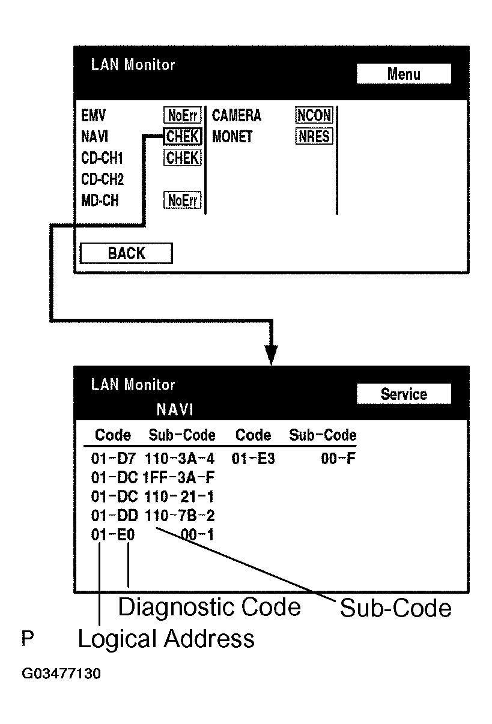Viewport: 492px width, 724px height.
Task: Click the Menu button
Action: pyautogui.click(x=404, y=74)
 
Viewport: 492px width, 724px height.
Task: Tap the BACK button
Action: pyautogui.click(x=126, y=253)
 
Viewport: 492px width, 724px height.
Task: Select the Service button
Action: pyautogui.click(x=404, y=394)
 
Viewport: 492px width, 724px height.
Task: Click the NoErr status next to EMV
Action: pyautogui.click(x=183, y=115)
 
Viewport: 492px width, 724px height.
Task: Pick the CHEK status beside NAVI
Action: pyautogui.click(x=183, y=136)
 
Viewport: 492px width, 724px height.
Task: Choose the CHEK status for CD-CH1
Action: pyautogui.click(x=183, y=157)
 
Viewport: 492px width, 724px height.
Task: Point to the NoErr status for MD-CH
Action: pyautogui.click(x=183, y=200)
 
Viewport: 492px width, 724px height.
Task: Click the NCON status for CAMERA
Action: pyautogui.click(x=314, y=115)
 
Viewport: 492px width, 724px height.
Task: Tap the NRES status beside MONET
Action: pyautogui.click(x=314, y=136)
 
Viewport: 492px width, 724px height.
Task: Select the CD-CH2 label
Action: pyautogui.click(x=102, y=179)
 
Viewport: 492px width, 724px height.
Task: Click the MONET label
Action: pyautogui.click(x=232, y=136)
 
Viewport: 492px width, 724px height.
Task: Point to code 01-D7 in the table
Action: pyautogui.click(x=113, y=458)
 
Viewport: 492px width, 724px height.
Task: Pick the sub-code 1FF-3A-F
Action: pyautogui.click(x=178, y=477)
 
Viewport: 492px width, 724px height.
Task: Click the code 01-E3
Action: pyautogui.click(x=254, y=458)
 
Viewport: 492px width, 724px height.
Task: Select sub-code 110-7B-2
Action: pyautogui.click(x=180, y=515)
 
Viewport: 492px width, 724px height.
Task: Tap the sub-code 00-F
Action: pyautogui.click(x=338, y=458)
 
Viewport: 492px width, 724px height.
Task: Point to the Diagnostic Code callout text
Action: pyautogui.click(x=210, y=608)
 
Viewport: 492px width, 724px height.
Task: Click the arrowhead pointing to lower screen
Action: pyautogui.click(x=271, y=355)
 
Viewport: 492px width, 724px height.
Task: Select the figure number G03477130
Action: pyautogui.click(x=61, y=674)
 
